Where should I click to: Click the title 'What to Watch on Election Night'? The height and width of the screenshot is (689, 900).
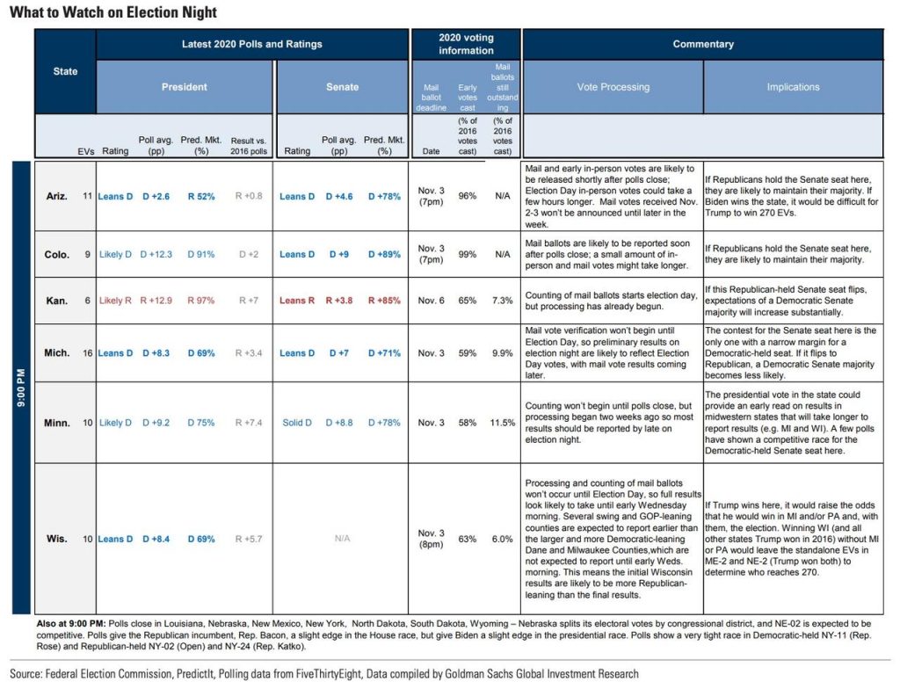(x=113, y=13)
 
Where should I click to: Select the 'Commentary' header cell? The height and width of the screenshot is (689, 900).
(x=702, y=44)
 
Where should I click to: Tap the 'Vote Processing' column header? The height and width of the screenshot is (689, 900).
(x=613, y=87)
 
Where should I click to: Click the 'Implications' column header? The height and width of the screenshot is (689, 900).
(x=793, y=87)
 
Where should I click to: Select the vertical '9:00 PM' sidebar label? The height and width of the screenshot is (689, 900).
(x=21, y=387)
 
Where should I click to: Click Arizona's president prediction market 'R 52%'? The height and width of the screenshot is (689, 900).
(x=200, y=197)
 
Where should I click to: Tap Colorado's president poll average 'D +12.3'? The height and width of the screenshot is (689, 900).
(x=155, y=255)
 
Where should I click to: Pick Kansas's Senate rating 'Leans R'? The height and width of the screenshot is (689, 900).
(x=297, y=301)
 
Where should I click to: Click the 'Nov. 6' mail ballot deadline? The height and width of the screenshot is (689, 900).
(x=431, y=301)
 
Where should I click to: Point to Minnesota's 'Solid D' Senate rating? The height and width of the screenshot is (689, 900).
(x=297, y=423)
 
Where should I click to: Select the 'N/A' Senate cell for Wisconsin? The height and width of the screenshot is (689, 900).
(x=343, y=539)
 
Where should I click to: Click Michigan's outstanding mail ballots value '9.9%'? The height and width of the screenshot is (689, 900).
(x=503, y=353)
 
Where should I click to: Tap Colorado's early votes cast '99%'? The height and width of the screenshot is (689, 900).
(x=468, y=255)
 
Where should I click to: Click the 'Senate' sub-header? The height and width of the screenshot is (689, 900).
(x=342, y=87)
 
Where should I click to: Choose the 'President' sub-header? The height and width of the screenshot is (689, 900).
(x=185, y=87)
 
